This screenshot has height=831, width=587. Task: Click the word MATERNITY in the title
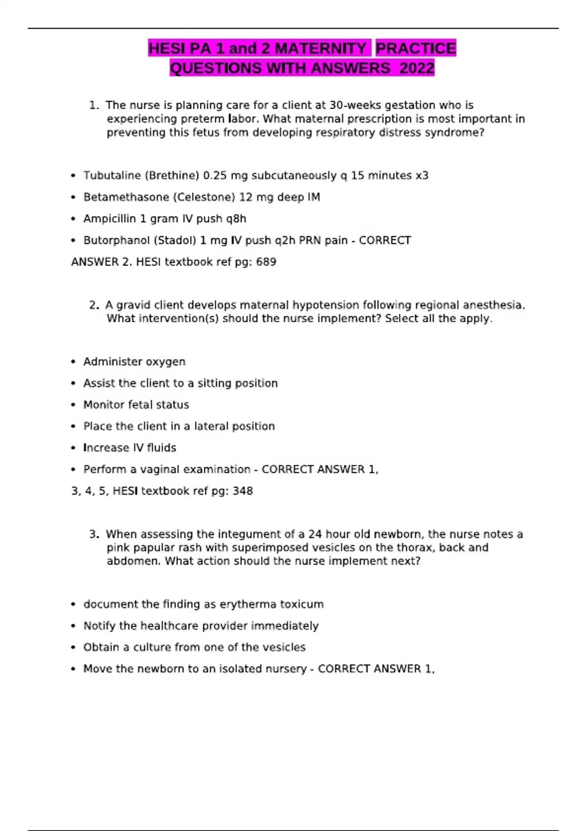(320, 48)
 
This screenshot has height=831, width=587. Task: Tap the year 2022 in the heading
(417, 68)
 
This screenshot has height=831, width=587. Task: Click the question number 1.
(93, 105)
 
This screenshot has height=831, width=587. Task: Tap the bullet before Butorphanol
(73, 241)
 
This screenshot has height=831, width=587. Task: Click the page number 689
(266, 262)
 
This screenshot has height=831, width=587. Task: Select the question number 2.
(93, 305)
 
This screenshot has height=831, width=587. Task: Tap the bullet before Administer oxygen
(73, 362)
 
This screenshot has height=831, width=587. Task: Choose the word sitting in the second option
(213, 383)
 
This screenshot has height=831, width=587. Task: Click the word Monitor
(104, 405)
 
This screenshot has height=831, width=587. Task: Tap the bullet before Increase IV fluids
(73, 448)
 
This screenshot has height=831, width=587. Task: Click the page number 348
(243, 491)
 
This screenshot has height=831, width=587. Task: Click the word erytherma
(248, 604)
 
